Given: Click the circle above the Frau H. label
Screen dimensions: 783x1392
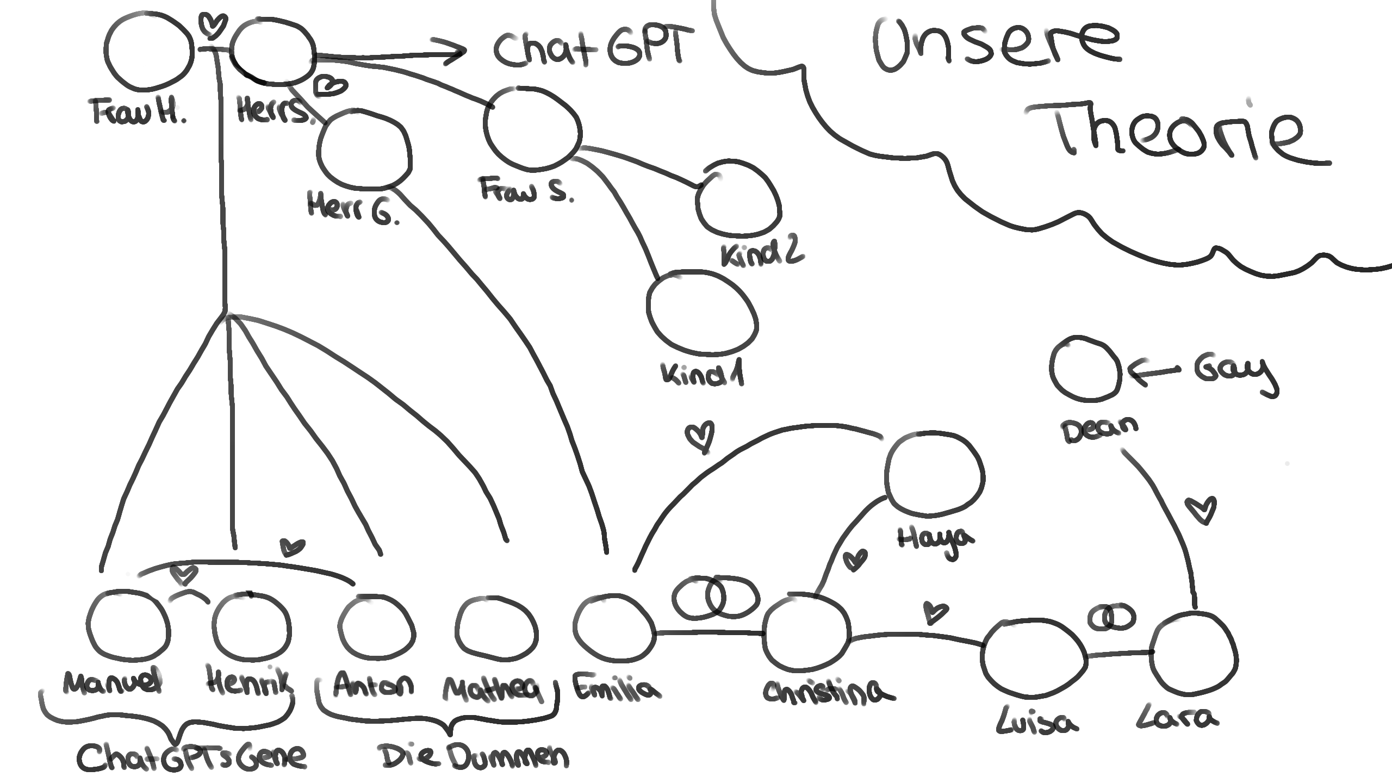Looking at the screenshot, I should [x=148, y=52].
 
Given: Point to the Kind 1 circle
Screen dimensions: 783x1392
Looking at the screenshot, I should [x=702, y=314].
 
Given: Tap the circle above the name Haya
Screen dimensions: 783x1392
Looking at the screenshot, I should [x=934, y=473].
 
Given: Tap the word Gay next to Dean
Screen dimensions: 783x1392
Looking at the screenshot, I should [x=1235, y=372].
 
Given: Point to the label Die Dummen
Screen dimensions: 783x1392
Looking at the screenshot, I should [x=473, y=756].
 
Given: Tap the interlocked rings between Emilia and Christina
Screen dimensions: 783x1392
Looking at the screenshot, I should [x=714, y=597].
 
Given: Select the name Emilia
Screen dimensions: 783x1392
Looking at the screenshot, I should [x=616, y=687].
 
